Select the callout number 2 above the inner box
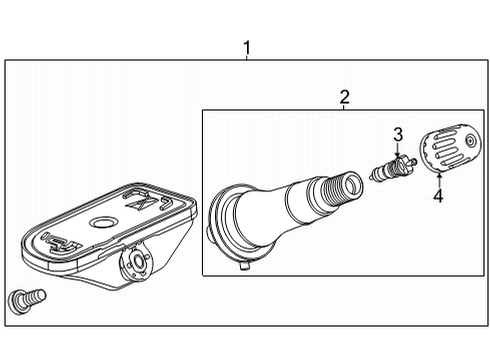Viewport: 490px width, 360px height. [x=344, y=96]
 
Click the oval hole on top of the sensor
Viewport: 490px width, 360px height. [x=102, y=221]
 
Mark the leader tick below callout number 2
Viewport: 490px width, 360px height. [x=344, y=107]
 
